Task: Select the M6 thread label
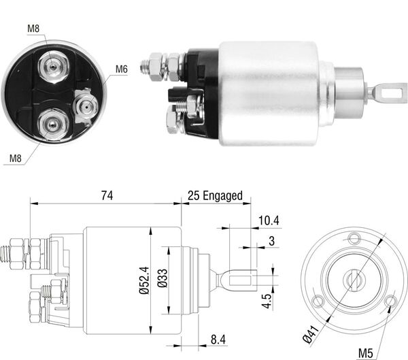pos(122,69)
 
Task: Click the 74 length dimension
pos(106,195)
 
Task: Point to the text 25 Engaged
pos(216,195)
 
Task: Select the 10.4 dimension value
pos(269,220)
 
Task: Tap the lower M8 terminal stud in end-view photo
pos(51,124)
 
